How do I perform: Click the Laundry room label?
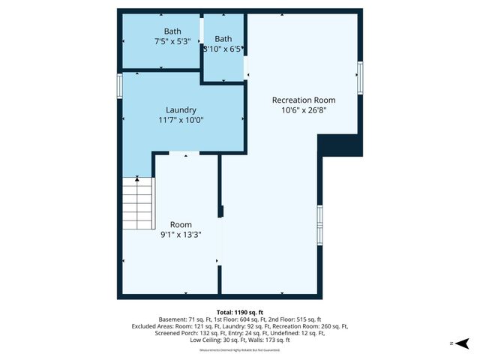(181, 109)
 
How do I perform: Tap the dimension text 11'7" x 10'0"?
(181, 120)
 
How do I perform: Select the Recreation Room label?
(303, 100)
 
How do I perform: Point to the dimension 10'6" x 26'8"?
(303, 110)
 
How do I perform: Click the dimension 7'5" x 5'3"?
(172, 42)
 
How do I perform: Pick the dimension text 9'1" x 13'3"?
(181, 235)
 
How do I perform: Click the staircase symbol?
(137, 203)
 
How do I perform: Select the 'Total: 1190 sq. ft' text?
(240, 312)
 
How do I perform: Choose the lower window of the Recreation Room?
(320, 223)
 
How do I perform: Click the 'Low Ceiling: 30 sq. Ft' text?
(217, 340)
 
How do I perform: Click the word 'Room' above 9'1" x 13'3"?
(181, 224)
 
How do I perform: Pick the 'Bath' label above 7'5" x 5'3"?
(172, 31)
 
